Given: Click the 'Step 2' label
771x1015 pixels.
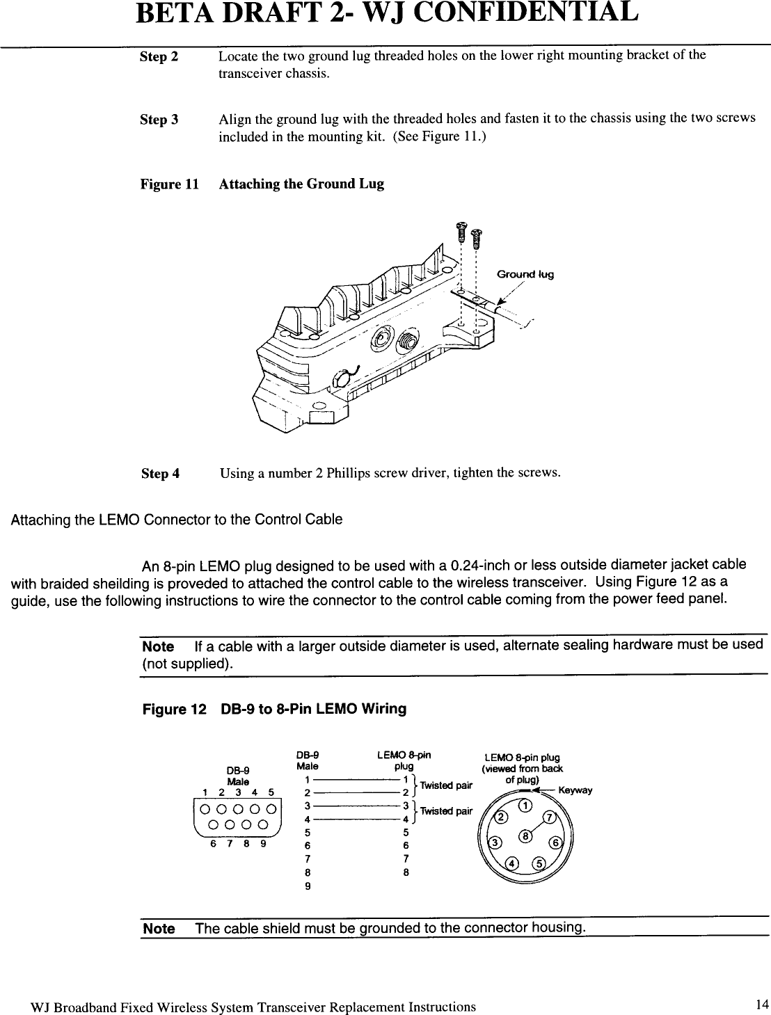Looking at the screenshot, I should [x=159, y=57].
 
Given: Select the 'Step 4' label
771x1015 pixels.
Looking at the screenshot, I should [x=160, y=474].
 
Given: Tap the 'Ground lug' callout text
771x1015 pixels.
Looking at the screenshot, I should [x=525, y=274].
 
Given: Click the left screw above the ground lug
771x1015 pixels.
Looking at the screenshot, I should [x=460, y=231].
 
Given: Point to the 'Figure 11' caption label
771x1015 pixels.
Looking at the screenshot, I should [x=169, y=184].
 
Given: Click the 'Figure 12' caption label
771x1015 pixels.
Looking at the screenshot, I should [x=174, y=709].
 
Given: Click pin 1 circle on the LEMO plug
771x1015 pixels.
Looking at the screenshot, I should [x=526, y=806].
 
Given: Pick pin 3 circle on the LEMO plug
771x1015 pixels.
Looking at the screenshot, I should [x=495, y=842].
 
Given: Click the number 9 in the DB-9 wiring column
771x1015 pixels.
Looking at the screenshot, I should [x=308, y=886].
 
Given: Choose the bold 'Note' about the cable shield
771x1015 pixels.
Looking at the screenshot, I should [x=159, y=929].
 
